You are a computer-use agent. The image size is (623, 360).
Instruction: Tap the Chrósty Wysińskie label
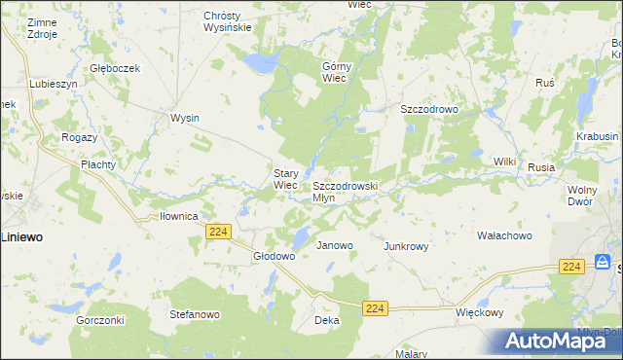228,21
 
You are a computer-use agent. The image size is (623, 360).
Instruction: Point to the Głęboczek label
116,68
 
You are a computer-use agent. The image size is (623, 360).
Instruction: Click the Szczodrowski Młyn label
345,191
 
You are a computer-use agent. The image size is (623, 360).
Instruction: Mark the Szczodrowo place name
429,110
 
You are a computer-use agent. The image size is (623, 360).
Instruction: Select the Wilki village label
504,161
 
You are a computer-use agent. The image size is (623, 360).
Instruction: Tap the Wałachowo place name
503,235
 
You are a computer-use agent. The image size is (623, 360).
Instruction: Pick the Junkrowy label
406,246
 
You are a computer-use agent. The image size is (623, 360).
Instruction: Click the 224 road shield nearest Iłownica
218,231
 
